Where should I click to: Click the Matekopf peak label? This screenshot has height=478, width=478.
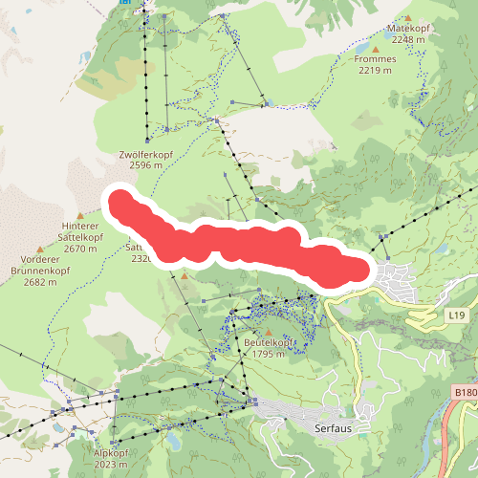(x=408, y=29)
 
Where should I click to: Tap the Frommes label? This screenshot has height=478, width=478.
(x=374, y=58)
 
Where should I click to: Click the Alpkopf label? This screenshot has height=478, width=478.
(x=111, y=452)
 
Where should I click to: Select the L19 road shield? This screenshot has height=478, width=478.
(x=456, y=315)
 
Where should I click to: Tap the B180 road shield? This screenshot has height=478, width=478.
(x=465, y=392)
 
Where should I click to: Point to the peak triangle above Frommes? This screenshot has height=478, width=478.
(x=375, y=46)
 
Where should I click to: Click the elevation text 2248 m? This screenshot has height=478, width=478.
(x=408, y=40)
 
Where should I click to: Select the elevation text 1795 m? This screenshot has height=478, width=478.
(x=266, y=354)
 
